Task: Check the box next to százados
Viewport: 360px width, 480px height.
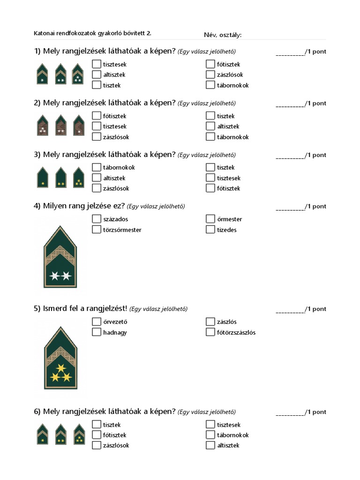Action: [x=97, y=219]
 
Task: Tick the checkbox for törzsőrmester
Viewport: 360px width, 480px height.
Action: [x=97, y=230]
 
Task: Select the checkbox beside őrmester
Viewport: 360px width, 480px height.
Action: [x=210, y=219]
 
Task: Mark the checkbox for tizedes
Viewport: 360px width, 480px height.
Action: [x=210, y=230]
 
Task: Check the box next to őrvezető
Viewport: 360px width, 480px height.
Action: [x=97, y=322]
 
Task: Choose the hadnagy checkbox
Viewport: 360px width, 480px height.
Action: [x=97, y=332]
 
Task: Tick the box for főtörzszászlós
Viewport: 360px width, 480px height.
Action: [x=210, y=332]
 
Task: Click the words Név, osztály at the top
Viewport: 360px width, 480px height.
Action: [x=223, y=35]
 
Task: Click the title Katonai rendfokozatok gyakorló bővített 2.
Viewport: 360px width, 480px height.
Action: [x=93, y=33]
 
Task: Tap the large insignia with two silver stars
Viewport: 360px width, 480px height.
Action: [x=60, y=256]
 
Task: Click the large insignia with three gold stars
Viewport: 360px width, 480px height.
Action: [x=60, y=358]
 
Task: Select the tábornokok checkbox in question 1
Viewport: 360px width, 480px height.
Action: [x=210, y=85]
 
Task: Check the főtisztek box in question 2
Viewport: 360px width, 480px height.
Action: [x=97, y=116]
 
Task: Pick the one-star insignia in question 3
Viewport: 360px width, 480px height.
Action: [x=43, y=178]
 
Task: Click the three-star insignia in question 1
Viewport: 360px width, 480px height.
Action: [x=78, y=74]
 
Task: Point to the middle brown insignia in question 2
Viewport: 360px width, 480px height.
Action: [x=60, y=125]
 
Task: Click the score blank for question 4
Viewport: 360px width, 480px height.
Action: [x=290, y=207]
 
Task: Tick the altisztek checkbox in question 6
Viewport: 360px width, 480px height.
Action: [x=210, y=445]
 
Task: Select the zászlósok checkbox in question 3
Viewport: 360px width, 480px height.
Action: [x=97, y=188]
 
